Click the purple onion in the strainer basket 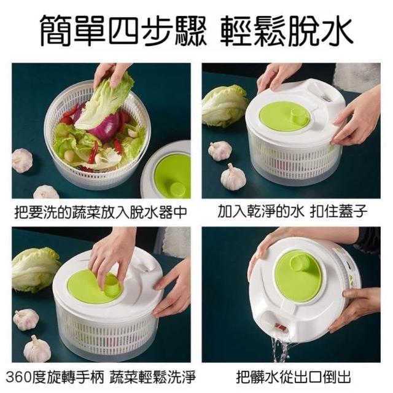[x=106, y=127]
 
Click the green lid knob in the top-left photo [x=177, y=189]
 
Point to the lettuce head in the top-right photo [x=225, y=106]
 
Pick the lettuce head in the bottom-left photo [x=36, y=270]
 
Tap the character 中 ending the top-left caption [x=181, y=212]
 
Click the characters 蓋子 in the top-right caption [x=353, y=211]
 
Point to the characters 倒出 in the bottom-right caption [x=337, y=377]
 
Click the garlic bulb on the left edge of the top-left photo [x=22, y=160]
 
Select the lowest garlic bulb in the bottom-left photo [x=37, y=349]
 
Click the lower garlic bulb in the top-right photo [x=233, y=177]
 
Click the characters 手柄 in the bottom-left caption [x=90, y=377]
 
